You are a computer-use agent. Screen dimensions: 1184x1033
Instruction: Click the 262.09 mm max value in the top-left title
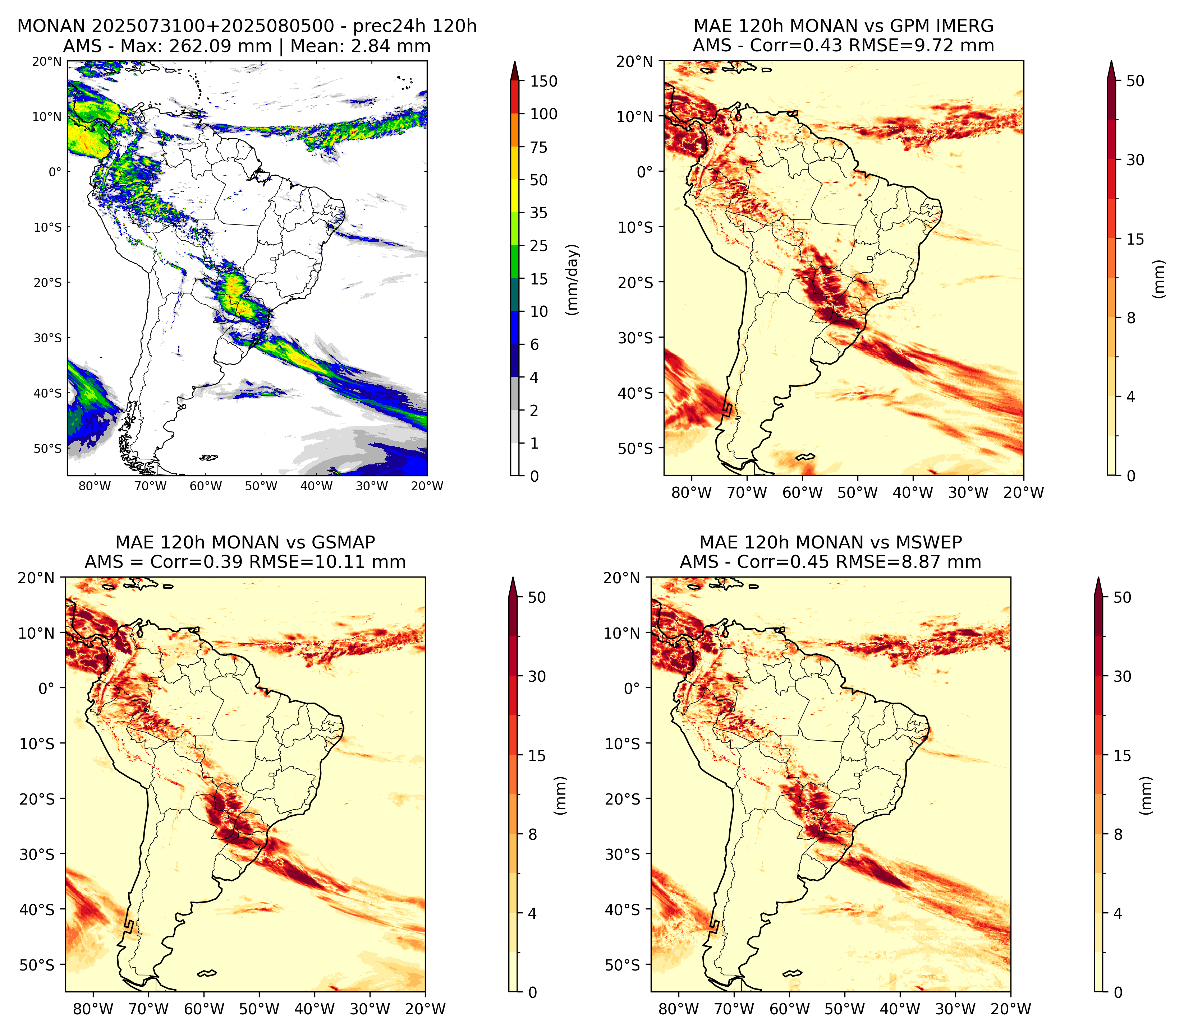coord(220,46)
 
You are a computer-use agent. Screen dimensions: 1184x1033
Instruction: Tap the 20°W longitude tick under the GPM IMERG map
coord(1024,493)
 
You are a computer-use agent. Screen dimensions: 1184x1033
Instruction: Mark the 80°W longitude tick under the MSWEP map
coord(679,1009)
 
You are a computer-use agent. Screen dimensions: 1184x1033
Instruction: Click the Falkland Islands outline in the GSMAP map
coord(207,974)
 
